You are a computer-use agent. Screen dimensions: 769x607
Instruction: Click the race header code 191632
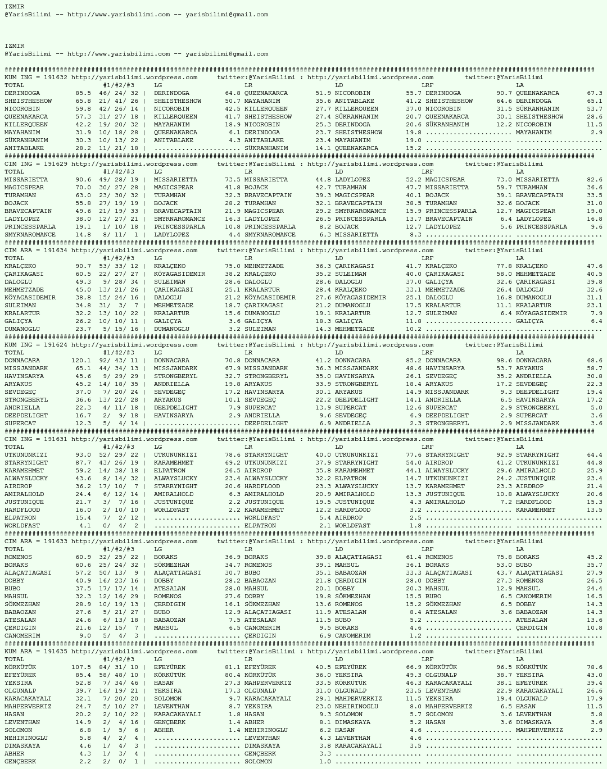[55, 78]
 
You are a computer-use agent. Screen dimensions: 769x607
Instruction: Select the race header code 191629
[55, 164]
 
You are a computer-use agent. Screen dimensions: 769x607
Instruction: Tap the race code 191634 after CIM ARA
[55, 251]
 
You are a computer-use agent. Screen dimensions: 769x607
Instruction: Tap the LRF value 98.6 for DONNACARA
[504, 361]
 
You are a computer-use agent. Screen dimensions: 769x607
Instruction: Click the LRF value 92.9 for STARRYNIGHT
[504, 455]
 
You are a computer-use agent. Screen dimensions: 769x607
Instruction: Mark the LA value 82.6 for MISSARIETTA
[594, 180]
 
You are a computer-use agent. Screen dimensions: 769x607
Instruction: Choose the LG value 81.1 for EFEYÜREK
[233, 667]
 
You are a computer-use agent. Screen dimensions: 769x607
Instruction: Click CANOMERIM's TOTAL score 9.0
[85, 636]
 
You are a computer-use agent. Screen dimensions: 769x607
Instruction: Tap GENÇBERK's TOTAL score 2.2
[85, 762]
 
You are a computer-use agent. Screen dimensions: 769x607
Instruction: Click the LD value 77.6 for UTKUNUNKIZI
[414, 455]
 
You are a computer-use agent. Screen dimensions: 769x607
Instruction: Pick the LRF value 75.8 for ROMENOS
[504, 557]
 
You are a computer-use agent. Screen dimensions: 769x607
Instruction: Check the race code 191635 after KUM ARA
[55, 652]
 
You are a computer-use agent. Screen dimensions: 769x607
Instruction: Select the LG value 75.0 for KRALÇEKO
[233, 266]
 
